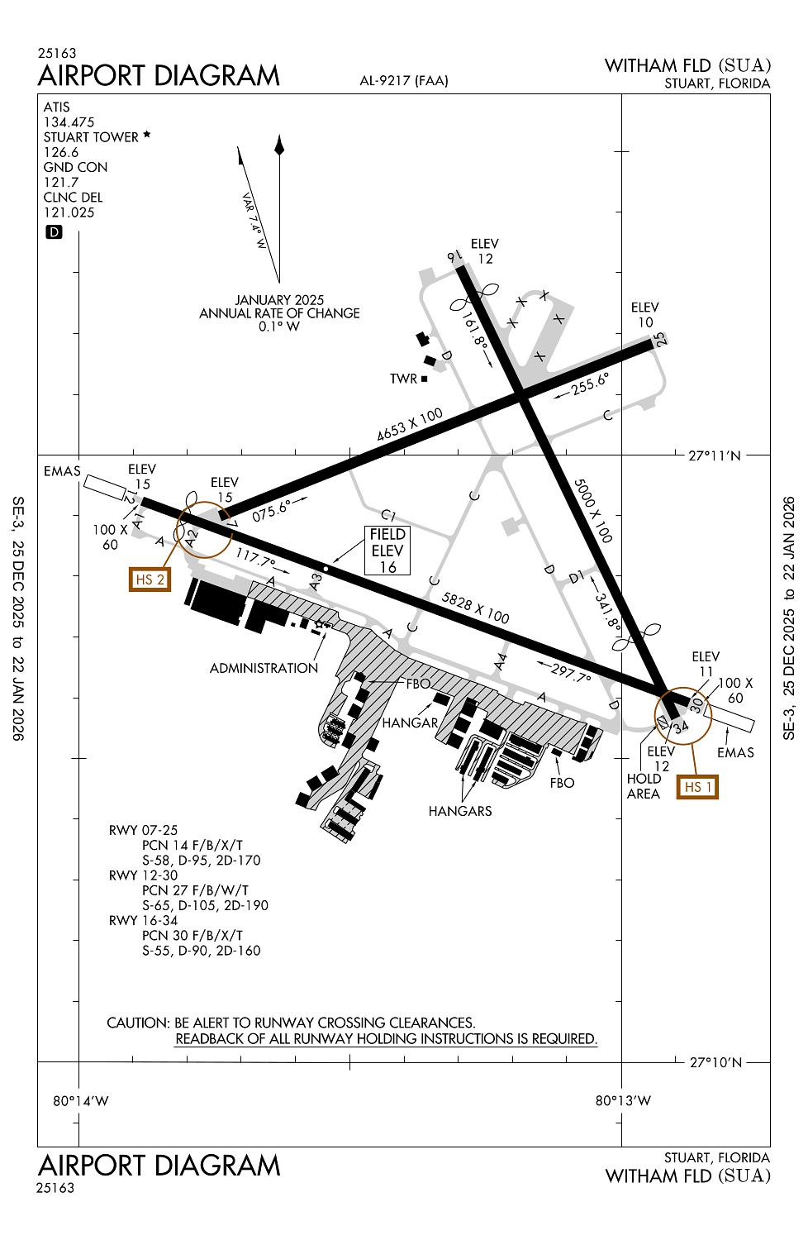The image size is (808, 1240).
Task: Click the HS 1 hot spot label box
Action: (697, 787)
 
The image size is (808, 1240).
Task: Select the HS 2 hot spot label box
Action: (150, 579)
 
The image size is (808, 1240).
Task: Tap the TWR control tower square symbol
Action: (425, 379)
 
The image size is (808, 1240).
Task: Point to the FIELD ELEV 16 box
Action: (387, 551)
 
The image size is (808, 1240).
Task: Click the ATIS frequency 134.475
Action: (69, 122)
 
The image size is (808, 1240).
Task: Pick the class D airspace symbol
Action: (54, 232)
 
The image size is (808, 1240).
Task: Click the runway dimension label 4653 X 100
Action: (410, 425)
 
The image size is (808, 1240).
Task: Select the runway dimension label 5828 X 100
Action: (475, 608)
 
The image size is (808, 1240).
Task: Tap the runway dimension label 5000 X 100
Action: (593, 510)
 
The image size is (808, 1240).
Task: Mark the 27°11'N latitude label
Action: (715, 455)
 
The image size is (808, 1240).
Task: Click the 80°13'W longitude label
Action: (623, 1100)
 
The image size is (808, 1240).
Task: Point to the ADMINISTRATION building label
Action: (264, 668)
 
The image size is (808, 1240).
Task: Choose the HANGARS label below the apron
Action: (460, 811)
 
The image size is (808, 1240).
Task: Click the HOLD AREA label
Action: (644, 786)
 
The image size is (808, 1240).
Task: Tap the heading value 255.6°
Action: (590, 383)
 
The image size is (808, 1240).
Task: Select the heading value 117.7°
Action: (255, 558)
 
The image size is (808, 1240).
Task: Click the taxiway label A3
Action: (316, 582)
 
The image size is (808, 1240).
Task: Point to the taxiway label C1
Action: (388, 516)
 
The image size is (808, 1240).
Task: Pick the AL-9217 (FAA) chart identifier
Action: (404, 80)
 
